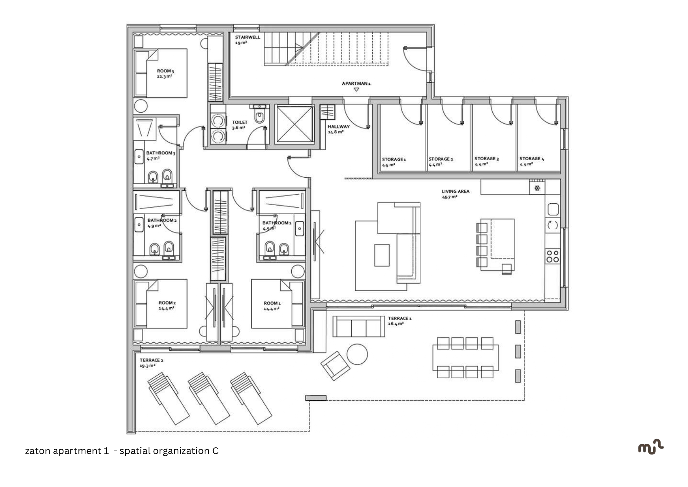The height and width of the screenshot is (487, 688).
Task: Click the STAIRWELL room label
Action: [x=247, y=37]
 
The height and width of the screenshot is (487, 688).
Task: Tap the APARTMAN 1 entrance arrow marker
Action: [x=356, y=90]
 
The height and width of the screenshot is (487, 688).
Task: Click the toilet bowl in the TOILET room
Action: [x=259, y=115]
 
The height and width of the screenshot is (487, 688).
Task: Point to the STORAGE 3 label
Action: [x=487, y=159]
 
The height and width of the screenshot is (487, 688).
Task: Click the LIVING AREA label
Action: [x=456, y=192]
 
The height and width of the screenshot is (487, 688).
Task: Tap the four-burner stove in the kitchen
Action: [x=553, y=256]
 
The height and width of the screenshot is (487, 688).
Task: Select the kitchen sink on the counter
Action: [x=553, y=210]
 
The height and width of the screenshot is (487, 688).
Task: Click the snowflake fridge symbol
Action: [x=537, y=188]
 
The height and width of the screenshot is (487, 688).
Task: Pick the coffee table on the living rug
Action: [x=382, y=255]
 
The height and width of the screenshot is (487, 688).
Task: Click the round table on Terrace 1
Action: [x=357, y=354]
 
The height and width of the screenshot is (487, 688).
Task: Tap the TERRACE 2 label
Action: [x=152, y=360]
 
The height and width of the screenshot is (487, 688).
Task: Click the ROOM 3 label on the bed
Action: [x=165, y=71]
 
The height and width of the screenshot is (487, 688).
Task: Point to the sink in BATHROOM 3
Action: [x=139, y=157]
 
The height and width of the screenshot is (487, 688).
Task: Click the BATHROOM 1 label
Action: [x=277, y=223]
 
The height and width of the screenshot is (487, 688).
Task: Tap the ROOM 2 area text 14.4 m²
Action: [x=167, y=308]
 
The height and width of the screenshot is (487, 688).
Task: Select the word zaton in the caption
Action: [x=38, y=451]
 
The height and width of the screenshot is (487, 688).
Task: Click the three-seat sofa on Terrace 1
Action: [x=359, y=326]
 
